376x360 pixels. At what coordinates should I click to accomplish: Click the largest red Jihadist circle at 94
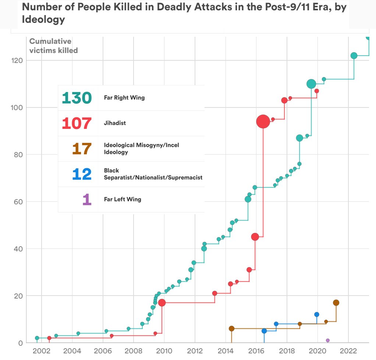(263, 121)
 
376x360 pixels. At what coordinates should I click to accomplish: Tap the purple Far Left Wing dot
(327, 340)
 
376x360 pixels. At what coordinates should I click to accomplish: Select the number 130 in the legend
(77, 98)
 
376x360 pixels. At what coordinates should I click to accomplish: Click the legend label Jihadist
(115, 123)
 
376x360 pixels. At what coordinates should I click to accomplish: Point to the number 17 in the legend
(82, 149)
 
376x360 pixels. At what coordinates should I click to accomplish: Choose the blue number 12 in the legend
(82, 174)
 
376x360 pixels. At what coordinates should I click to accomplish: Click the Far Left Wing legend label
(123, 200)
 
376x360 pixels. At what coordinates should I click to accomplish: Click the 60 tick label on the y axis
(18, 202)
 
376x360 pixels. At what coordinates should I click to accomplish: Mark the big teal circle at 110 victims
(311, 84)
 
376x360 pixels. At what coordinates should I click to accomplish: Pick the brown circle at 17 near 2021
(336, 303)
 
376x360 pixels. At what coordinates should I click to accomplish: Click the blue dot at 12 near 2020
(317, 314)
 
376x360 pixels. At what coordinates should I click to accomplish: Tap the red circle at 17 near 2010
(162, 303)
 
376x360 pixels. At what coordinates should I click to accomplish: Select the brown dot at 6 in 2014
(231, 328)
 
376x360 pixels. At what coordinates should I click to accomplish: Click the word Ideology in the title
(43, 20)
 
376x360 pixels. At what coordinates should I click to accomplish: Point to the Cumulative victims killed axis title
(53, 46)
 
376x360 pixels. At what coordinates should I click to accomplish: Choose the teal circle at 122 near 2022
(354, 56)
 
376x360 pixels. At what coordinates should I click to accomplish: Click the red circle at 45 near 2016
(255, 237)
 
